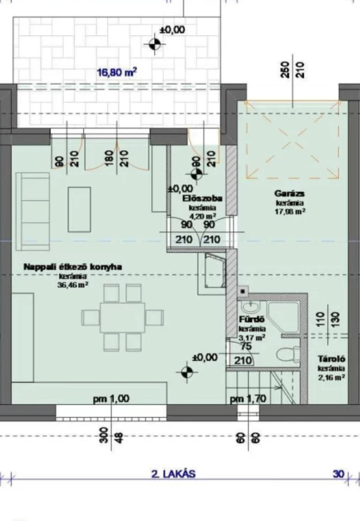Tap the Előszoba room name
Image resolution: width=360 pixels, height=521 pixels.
[x=202, y=199]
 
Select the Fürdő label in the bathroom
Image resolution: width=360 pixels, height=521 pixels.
[x=252, y=320]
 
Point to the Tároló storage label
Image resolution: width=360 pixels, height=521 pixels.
[x=331, y=359]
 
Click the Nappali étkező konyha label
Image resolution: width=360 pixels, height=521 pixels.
[x=73, y=267]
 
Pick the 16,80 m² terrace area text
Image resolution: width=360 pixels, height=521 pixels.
[x=117, y=72]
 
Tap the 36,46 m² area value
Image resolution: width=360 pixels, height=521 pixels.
[x=73, y=285]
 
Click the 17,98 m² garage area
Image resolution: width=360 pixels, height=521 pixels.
[x=290, y=211]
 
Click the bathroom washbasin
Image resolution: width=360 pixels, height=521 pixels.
[x=251, y=307]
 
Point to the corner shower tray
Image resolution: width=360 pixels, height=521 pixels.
[x=283, y=317]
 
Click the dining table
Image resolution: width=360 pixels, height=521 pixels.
[x=122, y=317]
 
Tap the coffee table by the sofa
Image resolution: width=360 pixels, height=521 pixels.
[x=79, y=209]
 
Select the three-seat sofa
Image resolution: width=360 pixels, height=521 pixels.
[x=33, y=211]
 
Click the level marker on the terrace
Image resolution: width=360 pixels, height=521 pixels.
[x=154, y=44]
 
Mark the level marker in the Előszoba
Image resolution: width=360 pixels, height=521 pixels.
[x=197, y=173]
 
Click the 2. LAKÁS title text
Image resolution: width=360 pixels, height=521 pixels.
[x=173, y=473]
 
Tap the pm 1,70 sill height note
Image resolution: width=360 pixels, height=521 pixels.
[x=249, y=399]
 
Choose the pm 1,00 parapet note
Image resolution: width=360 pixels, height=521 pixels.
[x=111, y=399]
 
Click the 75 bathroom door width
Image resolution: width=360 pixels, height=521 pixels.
[x=245, y=346]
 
